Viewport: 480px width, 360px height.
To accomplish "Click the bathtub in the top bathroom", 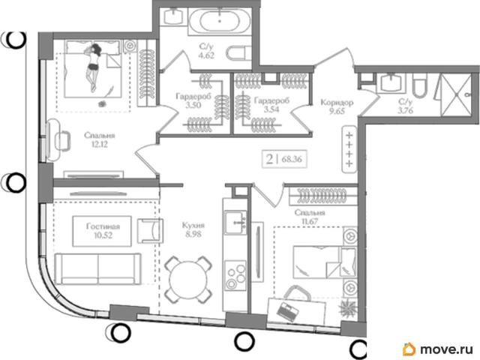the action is [219, 20].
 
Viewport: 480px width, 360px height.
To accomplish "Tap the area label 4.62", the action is [206, 55].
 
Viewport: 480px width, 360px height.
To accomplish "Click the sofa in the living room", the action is [97, 268].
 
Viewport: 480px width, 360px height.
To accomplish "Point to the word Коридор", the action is [337, 102].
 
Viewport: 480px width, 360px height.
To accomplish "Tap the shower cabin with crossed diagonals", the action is [456, 95].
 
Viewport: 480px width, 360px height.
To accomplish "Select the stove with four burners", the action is [235, 275].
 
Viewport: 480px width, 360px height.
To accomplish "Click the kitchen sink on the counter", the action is [235, 223].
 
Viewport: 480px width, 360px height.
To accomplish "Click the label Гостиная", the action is [103, 226].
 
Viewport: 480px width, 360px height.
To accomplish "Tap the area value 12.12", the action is [100, 144].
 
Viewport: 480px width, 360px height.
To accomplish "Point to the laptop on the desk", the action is [287, 312].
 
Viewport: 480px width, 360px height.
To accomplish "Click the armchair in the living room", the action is [150, 231].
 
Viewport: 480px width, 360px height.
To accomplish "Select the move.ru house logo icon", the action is [409, 349].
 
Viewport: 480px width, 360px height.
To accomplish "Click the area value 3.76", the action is [406, 110].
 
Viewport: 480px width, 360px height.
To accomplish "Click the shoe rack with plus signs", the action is [349, 149].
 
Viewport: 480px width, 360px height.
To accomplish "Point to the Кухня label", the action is [193, 226].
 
